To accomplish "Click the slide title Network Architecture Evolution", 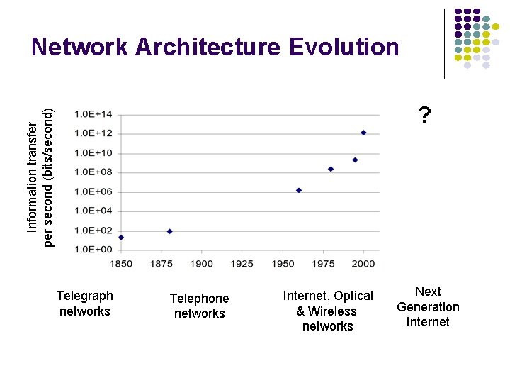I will [x=215, y=48].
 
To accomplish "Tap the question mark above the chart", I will [x=424, y=114].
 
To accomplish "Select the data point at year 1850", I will [x=121, y=238].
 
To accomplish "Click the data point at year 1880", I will [x=169, y=231].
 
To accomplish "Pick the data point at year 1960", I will [x=299, y=190].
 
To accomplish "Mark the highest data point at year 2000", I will [x=363, y=133].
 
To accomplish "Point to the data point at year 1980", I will [x=331, y=169].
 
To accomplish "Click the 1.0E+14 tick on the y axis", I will [x=94, y=114].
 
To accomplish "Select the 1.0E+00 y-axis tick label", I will [x=94, y=250].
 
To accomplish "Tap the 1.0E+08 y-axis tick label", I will [x=94, y=172].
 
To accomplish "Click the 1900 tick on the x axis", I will [x=202, y=264].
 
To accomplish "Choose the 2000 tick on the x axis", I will [x=363, y=264].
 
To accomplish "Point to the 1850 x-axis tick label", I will [x=121, y=264].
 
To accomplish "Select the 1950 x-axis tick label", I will [x=283, y=264].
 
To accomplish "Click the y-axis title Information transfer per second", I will [x=40, y=177].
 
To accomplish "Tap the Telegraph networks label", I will [x=85, y=304].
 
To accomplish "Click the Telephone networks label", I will [x=199, y=306].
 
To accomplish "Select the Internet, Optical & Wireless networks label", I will [x=328, y=311].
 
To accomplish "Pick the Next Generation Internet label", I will [x=428, y=306].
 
